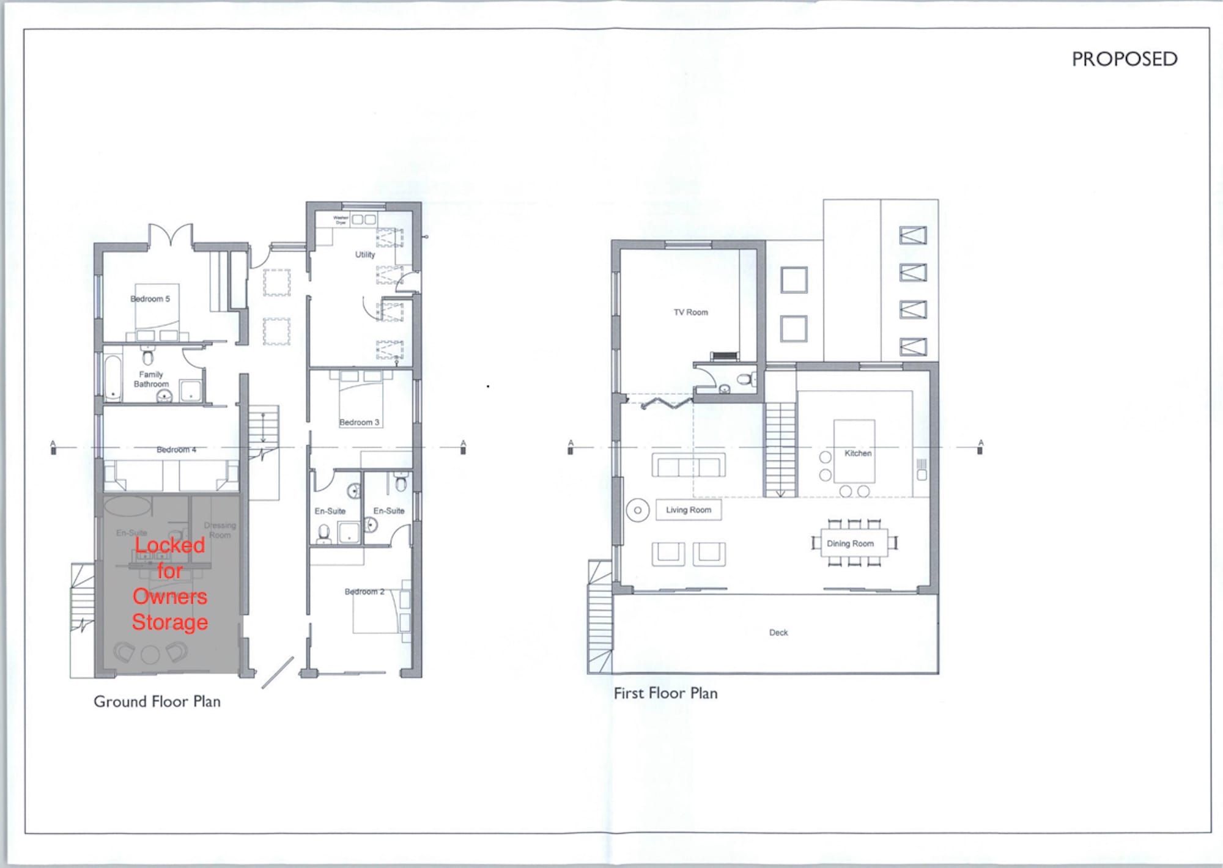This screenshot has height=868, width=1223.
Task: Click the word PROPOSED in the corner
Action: (x=1124, y=59)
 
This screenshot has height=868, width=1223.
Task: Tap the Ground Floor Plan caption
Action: (x=157, y=702)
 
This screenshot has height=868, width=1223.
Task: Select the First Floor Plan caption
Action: (x=665, y=693)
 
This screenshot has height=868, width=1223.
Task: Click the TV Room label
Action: (x=690, y=312)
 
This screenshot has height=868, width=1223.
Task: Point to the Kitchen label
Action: (x=857, y=453)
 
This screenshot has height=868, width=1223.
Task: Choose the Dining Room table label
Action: (x=850, y=543)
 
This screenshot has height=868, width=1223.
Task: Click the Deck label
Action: (x=778, y=633)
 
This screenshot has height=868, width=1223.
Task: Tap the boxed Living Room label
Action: (x=689, y=510)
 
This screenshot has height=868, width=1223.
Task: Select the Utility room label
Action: (x=365, y=255)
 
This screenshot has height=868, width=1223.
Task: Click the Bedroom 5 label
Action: (x=150, y=299)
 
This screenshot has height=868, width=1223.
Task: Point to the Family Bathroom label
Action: (x=151, y=380)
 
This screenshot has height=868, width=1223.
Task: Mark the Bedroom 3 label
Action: (x=359, y=422)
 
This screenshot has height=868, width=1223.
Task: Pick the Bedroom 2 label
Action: (x=364, y=592)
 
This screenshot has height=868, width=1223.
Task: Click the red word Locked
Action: (x=169, y=545)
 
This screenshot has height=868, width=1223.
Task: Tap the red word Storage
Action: (x=169, y=622)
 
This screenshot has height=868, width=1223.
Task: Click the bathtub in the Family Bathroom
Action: (x=113, y=378)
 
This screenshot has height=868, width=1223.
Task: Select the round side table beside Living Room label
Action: (x=637, y=510)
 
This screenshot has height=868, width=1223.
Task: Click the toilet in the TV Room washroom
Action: (x=745, y=379)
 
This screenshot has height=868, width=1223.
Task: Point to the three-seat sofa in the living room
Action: (x=689, y=466)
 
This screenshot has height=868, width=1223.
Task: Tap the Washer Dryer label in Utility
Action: (x=341, y=220)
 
